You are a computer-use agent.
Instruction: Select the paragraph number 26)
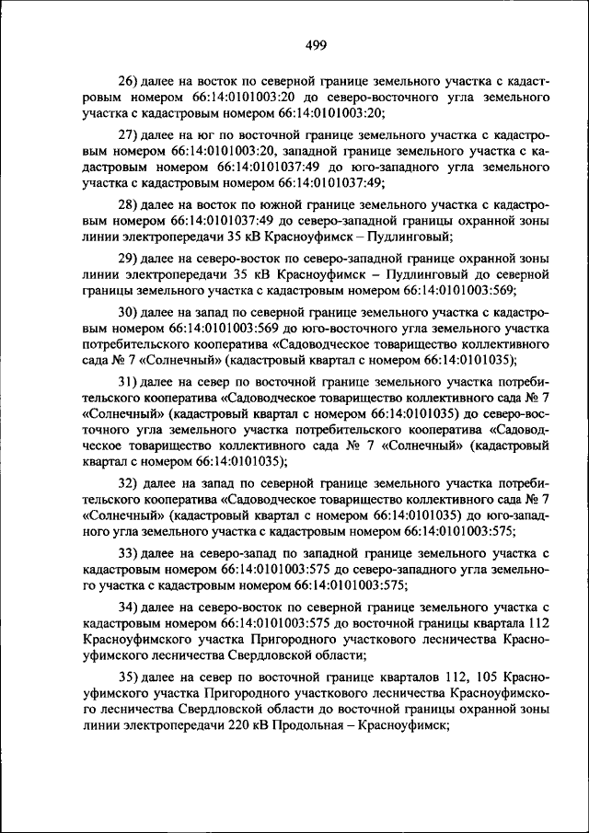click(x=128, y=81)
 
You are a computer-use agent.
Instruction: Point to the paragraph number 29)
click(x=128, y=257)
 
